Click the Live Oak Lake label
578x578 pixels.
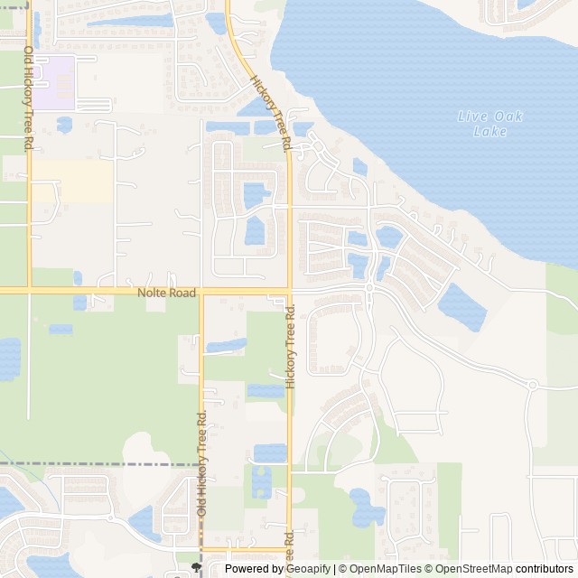point(490,124)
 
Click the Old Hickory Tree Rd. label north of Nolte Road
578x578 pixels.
point(29,98)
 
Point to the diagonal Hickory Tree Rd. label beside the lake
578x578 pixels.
point(272,112)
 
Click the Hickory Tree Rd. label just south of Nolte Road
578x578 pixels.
point(290,347)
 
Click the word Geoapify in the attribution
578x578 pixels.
point(308,569)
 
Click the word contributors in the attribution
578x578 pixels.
point(545,569)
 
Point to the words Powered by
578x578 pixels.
point(254,569)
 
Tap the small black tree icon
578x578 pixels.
point(197,567)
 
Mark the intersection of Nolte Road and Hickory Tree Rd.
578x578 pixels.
point(289,291)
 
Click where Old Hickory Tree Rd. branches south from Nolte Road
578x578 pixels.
point(201,291)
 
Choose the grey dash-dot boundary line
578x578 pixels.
point(99,463)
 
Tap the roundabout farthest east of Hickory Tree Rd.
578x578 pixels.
point(533,385)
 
